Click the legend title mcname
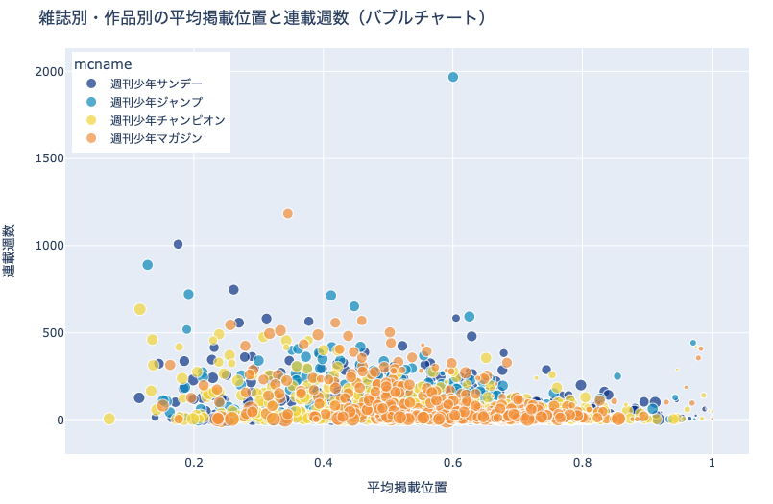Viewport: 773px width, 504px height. click(103, 65)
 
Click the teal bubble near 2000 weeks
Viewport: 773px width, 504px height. click(453, 77)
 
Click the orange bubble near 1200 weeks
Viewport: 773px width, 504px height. click(288, 213)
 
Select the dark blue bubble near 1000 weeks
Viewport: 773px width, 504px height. click(178, 244)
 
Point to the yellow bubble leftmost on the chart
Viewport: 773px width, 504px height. click(109, 419)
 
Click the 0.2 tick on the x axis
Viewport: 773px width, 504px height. click(194, 462)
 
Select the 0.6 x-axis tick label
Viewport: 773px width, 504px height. click(453, 462)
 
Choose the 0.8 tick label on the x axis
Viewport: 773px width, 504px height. click(582, 462)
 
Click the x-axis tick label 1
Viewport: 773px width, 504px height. click(712, 462)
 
